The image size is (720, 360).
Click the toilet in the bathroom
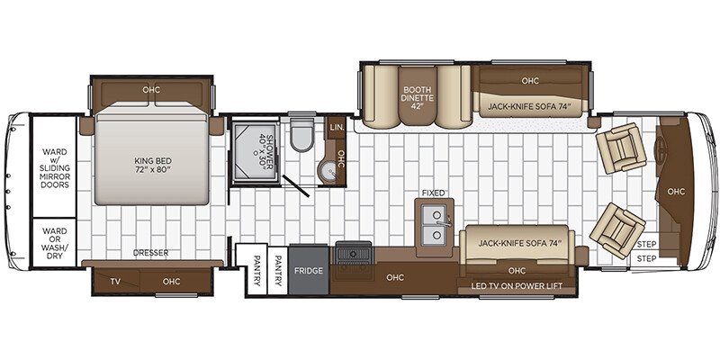301,134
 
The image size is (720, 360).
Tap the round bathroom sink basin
328,173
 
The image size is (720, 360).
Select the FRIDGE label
309,271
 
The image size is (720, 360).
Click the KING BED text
153,165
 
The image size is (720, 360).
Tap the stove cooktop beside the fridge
354,254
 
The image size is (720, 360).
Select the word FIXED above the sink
434,193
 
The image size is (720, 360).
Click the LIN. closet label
337,129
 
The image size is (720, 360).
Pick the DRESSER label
150,253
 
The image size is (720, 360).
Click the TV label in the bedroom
115,282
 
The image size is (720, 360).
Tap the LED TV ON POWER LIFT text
517,286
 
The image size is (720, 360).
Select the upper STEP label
646,244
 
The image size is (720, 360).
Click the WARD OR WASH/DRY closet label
55,243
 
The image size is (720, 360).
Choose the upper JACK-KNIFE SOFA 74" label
529,107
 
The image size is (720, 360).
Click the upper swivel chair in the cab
620,148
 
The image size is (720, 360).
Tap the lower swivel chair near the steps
617,230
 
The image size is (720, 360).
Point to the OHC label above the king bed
151,90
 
